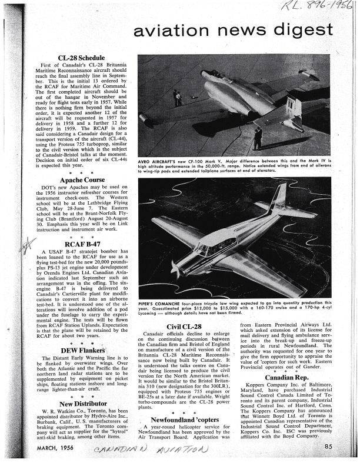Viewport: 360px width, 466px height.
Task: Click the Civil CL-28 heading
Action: [185, 326]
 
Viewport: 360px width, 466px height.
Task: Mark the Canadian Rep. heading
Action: [288, 377]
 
